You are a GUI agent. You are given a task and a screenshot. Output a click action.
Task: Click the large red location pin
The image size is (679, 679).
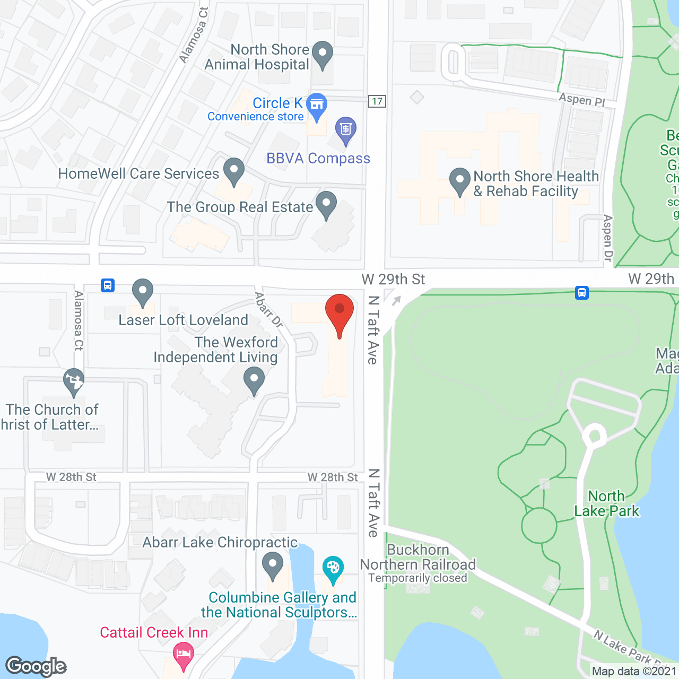(339, 313)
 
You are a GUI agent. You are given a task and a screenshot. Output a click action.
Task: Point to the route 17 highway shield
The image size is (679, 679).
(377, 101)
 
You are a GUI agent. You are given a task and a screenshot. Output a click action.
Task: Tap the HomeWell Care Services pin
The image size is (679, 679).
(233, 170)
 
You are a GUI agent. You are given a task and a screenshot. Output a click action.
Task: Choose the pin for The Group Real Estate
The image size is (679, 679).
(326, 204)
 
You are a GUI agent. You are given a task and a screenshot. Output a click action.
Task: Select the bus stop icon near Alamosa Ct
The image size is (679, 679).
(108, 285)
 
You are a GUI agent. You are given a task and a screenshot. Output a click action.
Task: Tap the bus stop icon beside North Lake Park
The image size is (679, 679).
(582, 292)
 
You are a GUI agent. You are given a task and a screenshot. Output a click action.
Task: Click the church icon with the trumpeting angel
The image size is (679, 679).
(73, 380)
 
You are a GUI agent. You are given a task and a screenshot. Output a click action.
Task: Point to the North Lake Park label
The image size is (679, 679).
(607, 503)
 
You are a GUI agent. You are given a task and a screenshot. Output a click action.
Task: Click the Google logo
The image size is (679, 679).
(36, 666)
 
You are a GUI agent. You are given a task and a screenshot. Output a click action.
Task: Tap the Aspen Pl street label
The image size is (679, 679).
(581, 99)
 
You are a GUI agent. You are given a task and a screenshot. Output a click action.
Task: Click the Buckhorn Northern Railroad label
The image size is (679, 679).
(418, 558)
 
